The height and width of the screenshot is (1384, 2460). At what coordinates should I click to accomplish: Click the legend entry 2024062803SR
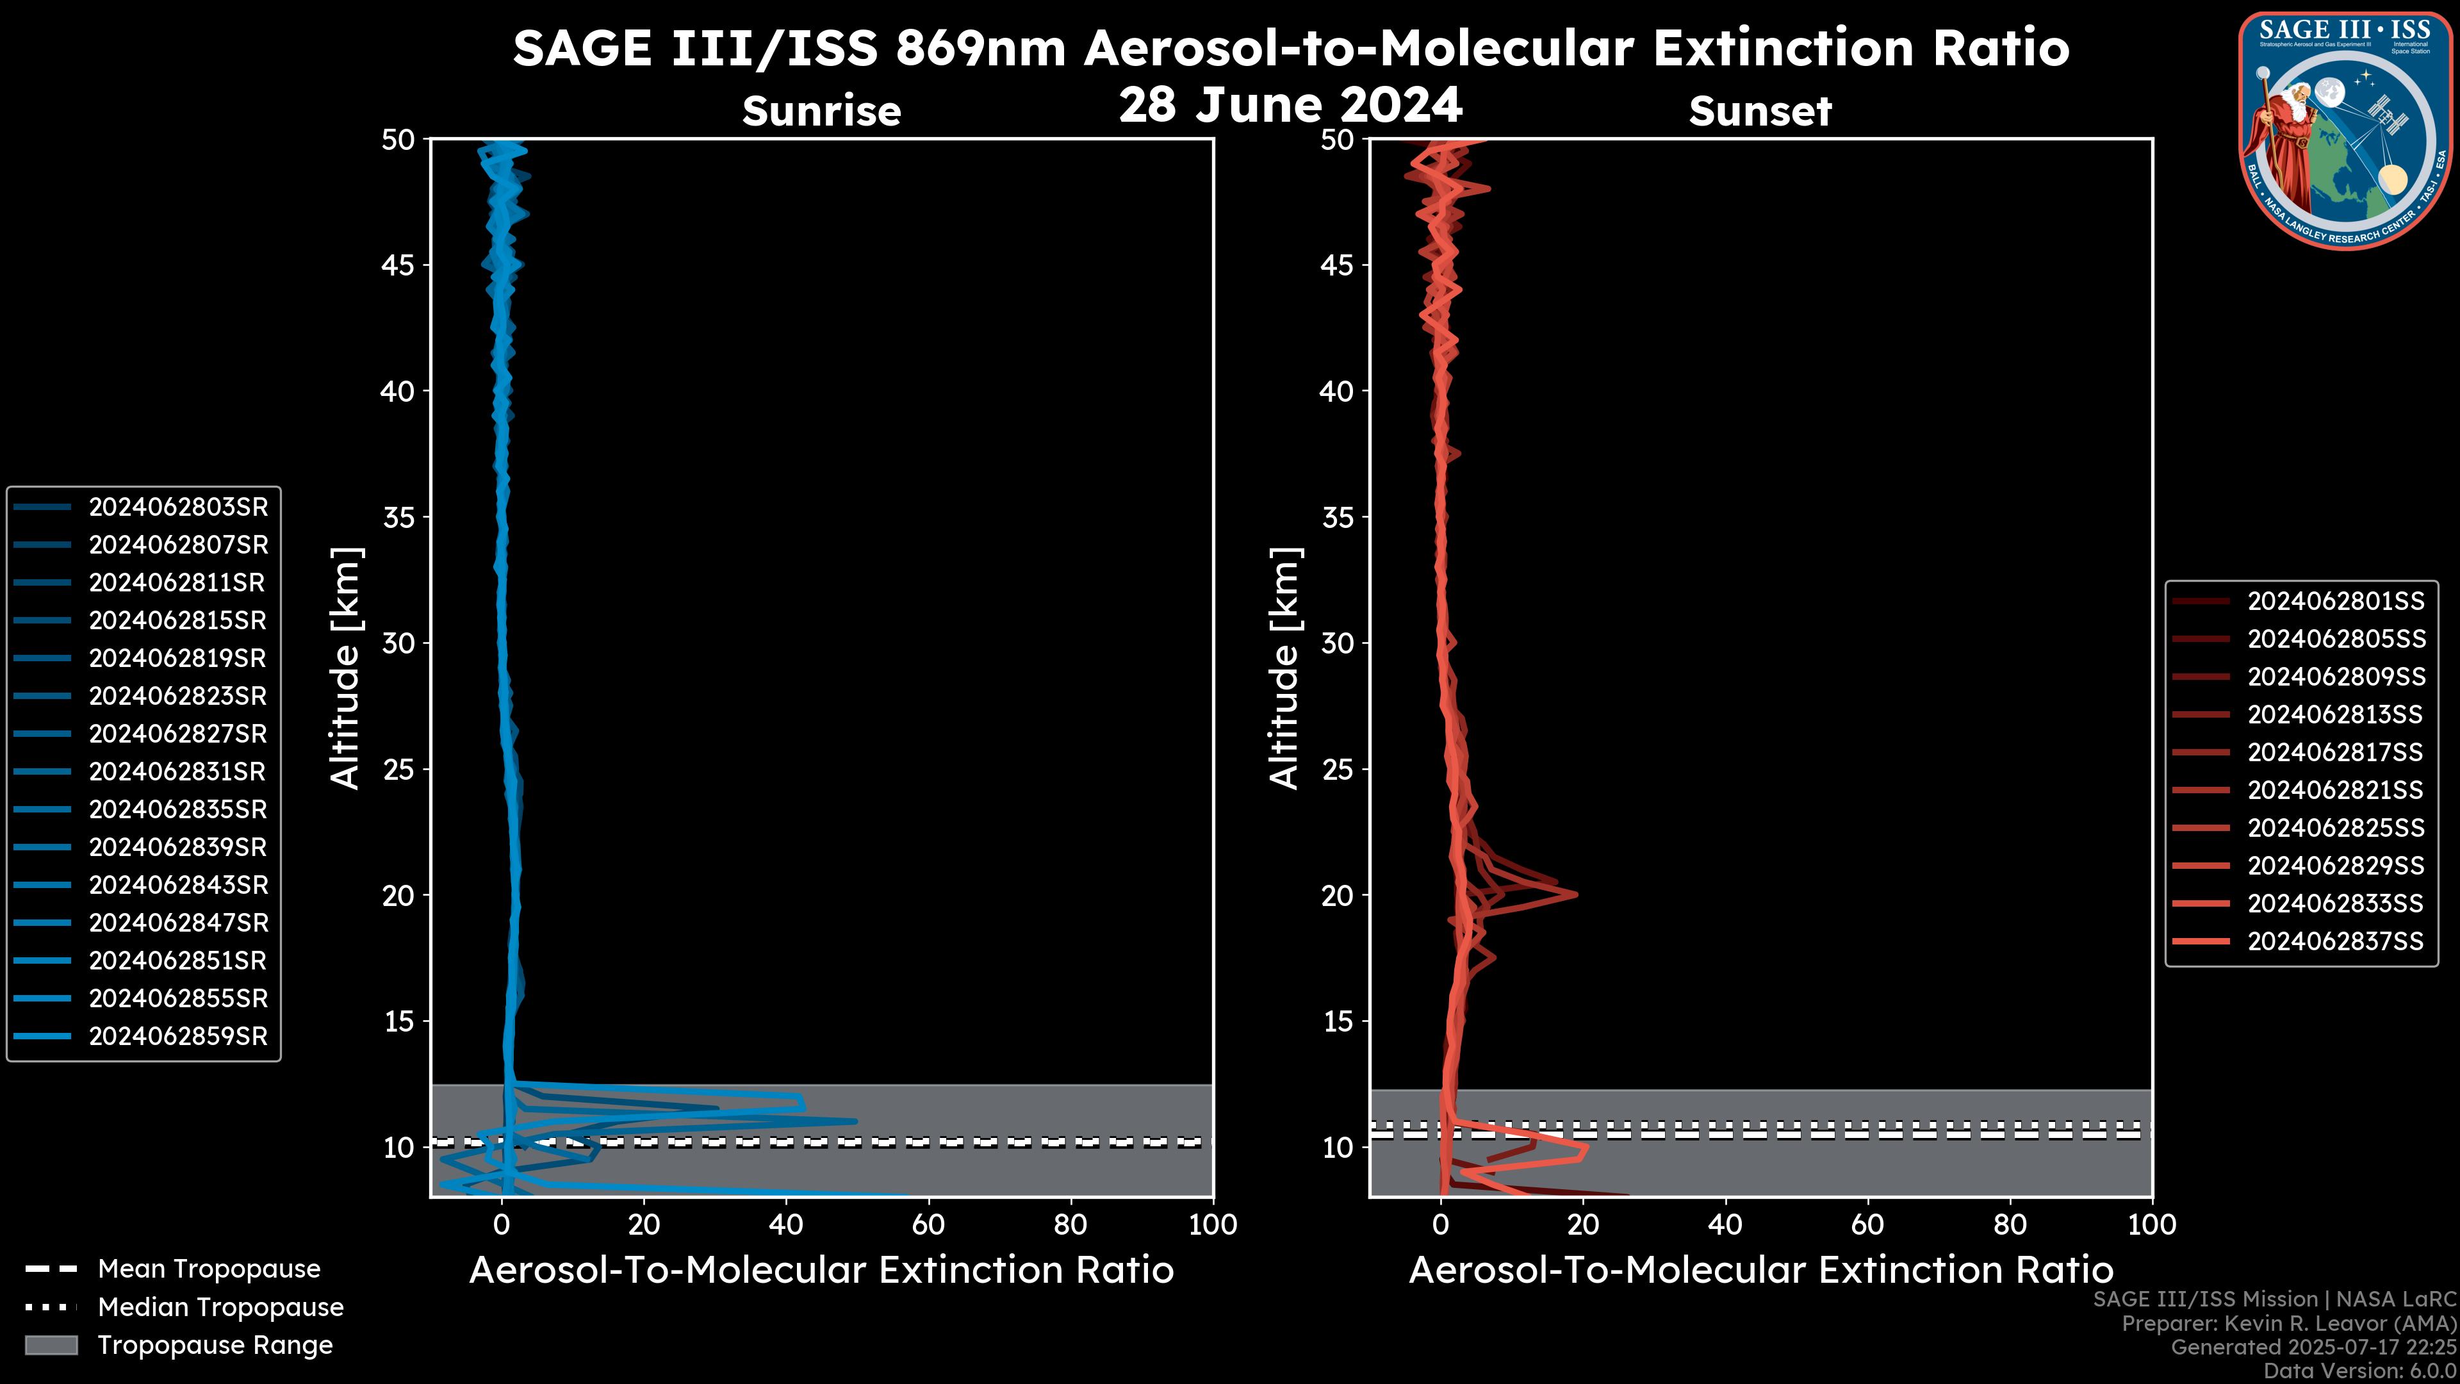(x=177, y=507)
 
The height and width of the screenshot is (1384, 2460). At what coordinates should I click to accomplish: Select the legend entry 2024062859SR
(x=177, y=1036)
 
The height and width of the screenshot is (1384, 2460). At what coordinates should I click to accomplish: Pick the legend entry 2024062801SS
(x=2335, y=602)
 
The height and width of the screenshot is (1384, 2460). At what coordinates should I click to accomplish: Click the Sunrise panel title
(x=821, y=111)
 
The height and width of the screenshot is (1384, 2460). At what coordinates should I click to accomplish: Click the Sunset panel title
(x=1760, y=111)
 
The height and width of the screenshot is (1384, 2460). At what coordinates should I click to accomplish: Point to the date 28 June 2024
(x=1290, y=105)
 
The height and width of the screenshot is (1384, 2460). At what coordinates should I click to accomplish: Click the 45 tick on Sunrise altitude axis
(x=398, y=265)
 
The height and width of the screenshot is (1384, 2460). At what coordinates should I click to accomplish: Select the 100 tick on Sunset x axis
(x=2152, y=1224)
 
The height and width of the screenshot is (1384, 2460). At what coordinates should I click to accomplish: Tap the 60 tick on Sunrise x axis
(x=928, y=1224)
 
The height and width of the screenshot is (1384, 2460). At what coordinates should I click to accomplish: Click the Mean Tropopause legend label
(x=209, y=1269)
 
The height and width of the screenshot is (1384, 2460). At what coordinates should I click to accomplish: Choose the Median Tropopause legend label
(x=220, y=1308)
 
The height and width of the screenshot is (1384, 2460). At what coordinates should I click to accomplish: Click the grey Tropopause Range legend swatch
(x=51, y=1346)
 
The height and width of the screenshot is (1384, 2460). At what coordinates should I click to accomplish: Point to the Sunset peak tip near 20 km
(x=1576, y=894)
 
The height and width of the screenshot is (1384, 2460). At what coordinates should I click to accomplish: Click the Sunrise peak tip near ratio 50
(x=856, y=1121)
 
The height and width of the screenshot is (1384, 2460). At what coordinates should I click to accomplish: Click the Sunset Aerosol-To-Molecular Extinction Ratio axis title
(x=1760, y=1271)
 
